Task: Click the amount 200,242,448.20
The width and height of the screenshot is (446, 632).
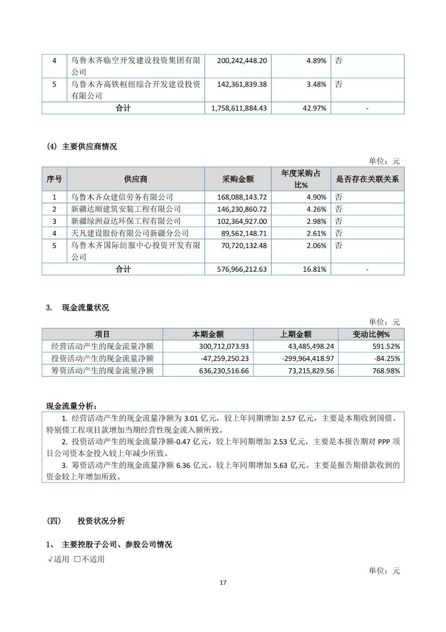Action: pyautogui.click(x=242, y=61)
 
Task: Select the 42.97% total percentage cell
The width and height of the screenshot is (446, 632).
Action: pyautogui.click(x=314, y=108)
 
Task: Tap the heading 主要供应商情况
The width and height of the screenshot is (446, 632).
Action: pyautogui.click(x=90, y=147)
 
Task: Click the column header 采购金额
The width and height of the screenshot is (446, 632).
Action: pyautogui.click(x=238, y=179)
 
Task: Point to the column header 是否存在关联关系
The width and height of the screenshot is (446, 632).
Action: pyautogui.click(x=367, y=179)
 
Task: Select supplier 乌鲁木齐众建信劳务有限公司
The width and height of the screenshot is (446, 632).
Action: pyautogui.click(x=122, y=197)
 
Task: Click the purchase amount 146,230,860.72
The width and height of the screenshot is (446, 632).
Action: pyautogui.click(x=242, y=209)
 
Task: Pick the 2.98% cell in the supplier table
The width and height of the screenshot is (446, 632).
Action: pyautogui.click(x=316, y=221)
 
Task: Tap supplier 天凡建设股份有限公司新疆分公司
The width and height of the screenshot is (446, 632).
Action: pyautogui.click(x=130, y=233)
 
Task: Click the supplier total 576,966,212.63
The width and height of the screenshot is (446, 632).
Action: pyautogui.click(x=242, y=269)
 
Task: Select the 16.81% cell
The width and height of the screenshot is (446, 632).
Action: pyautogui.click(x=314, y=269)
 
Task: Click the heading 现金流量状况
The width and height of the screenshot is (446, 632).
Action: pyautogui.click(x=86, y=308)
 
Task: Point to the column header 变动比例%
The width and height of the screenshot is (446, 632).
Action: pyautogui.click(x=371, y=335)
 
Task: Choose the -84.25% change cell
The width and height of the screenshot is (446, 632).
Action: pyautogui.click(x=386, y=359)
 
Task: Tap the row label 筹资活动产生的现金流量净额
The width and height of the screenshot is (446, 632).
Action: pyautogui.click(x=103, y=371)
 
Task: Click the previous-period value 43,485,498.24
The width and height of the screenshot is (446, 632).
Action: pyautogui.click(x=311, y=346)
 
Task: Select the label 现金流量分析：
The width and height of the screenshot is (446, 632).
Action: pyautogui.click(x=72, y=406)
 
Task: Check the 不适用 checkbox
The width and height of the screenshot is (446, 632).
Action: pyautogui.click(x=77, y=559)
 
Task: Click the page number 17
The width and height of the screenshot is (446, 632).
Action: pyautogui.click(x=223, y=583)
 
